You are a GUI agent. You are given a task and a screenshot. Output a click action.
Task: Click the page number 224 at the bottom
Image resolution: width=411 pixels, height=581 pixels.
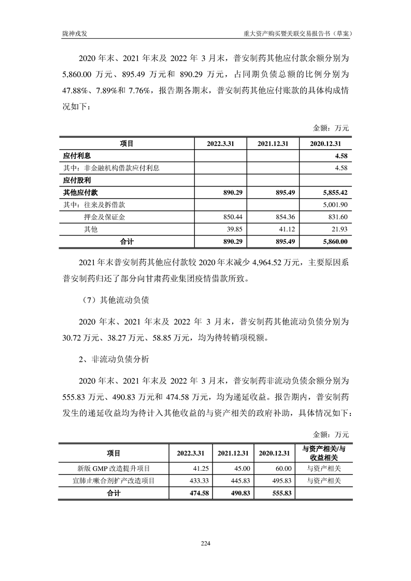coord(205,543)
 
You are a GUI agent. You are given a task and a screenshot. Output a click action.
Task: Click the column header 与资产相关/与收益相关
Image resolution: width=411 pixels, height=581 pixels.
coord(324,452)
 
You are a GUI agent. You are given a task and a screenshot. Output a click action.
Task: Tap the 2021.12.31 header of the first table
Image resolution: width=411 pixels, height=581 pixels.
coord(274,143)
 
